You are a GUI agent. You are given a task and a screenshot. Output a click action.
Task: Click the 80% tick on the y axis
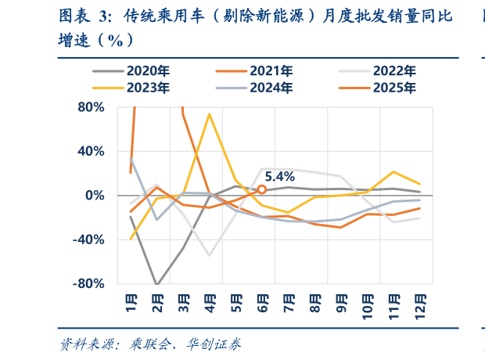point(92,107)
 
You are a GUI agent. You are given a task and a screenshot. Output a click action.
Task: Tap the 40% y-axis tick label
point(92,151)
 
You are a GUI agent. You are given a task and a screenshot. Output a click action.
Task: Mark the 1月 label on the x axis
point(131,304)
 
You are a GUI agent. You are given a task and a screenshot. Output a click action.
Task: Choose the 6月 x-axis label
point(263,304)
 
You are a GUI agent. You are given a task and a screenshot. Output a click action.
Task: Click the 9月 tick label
point(342,304)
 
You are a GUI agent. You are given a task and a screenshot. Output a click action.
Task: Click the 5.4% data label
point(279,177)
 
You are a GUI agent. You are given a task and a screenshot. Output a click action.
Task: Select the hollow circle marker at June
point(262,189)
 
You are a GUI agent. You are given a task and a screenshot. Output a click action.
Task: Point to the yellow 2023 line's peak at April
point(210,114)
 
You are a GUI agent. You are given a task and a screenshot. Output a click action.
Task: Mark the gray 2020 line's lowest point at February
point(157,285)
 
